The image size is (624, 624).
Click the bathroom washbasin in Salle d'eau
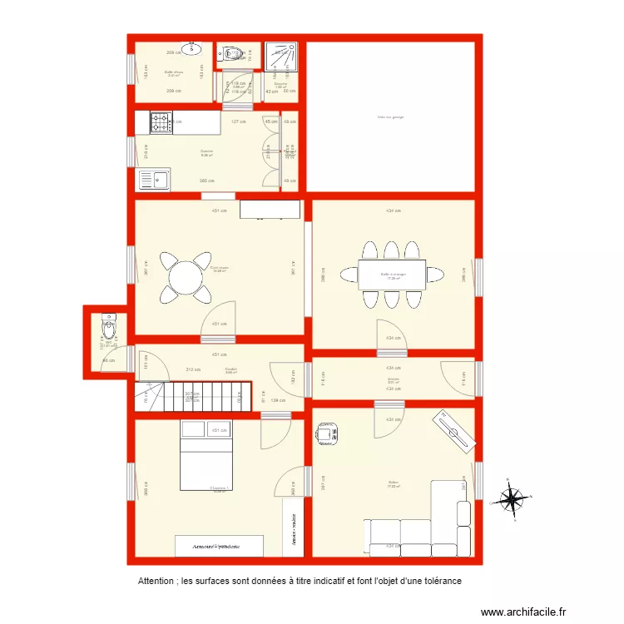coord(193,50)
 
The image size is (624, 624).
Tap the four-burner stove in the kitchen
coord(161,123)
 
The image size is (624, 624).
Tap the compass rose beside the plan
coord(510,500)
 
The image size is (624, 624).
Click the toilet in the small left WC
coord(108,321)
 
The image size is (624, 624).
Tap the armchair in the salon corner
coord(325,433)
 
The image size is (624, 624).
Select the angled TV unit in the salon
coord(453,428)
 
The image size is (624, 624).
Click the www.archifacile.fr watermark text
coord(522,610)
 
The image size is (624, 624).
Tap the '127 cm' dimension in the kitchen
coord(239,121)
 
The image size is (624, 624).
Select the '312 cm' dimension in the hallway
coord(192,369)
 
